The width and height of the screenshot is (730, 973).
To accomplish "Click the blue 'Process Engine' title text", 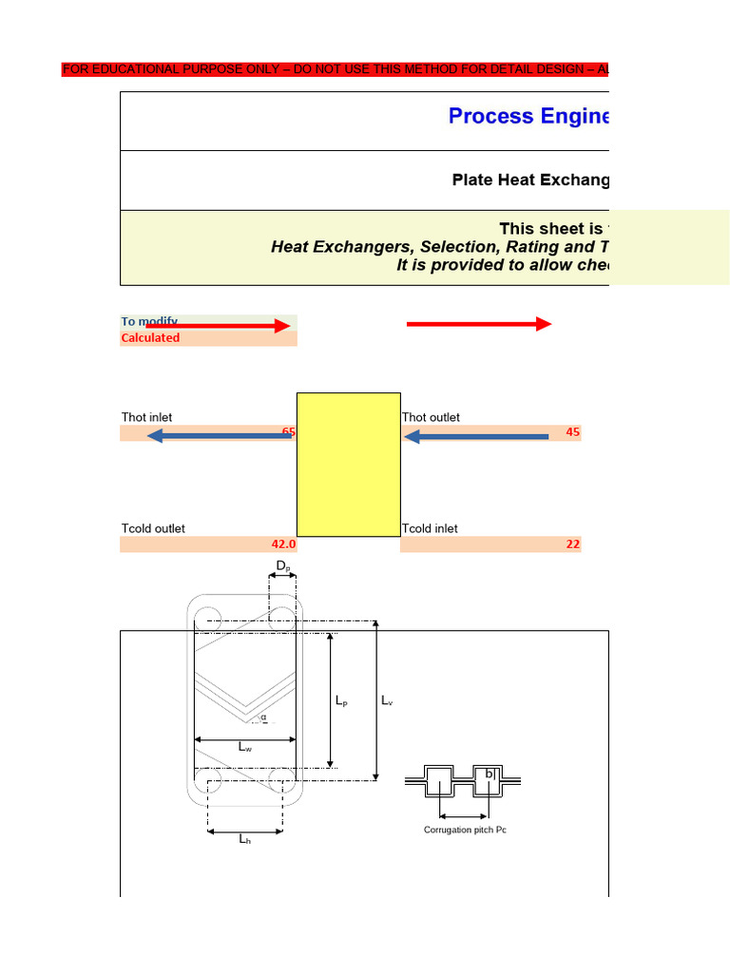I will point(528,116).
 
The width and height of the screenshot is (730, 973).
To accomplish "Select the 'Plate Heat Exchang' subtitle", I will point(529,181).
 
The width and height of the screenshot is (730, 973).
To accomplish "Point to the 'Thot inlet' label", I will point(146,417).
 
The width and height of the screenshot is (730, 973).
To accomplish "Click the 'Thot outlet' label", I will point(431,417).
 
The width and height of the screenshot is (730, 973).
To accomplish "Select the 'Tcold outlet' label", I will point(153,528).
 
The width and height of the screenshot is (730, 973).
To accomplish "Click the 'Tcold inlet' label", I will point(430,528).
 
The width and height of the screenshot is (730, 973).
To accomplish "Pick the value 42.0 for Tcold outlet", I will point(283,544).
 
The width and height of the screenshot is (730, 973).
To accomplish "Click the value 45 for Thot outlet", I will point(572,432).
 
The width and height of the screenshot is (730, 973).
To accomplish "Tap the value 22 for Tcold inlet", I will point(572,544).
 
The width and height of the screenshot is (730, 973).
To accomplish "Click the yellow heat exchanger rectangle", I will point(348,464).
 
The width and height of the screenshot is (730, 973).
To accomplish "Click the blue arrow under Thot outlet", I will point(475,436).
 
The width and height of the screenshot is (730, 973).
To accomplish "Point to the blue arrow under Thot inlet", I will point(219,436).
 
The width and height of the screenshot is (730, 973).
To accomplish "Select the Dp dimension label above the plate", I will point(282,566).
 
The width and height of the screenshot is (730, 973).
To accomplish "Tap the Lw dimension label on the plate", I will point(245,748).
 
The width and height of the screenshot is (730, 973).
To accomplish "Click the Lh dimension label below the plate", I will point(245,840).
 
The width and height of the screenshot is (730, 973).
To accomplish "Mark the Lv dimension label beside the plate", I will point(387,701).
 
